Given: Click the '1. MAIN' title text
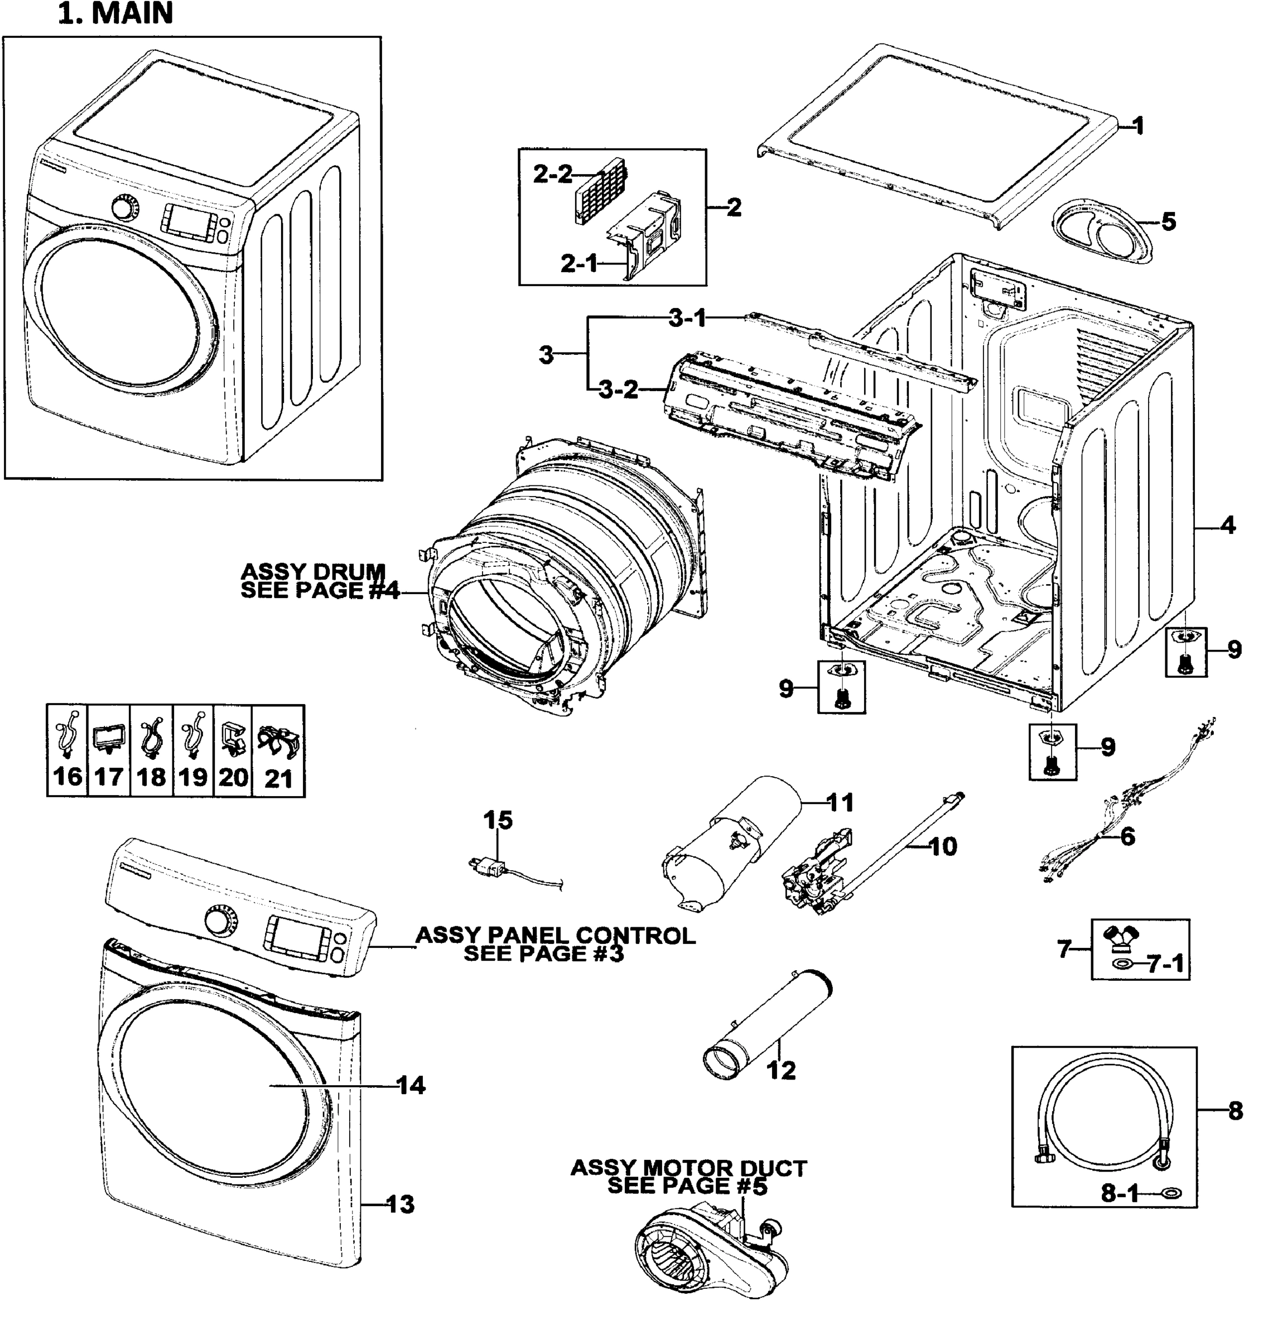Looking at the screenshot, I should click(115, 13).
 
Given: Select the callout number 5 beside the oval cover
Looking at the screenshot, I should click(1169, 221).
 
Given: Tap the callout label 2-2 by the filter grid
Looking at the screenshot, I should click(552, 175).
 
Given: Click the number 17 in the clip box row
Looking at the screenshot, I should click(108, 777).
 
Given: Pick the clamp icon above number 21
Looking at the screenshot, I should click(278, 741).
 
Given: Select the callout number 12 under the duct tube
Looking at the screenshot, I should click(782, 1070).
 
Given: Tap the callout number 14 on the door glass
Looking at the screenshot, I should click(411, 1086).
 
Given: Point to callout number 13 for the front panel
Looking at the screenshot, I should click(400, 1204).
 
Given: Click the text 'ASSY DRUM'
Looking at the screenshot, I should click(313, 571).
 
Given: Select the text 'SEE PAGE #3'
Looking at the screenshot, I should click(543, 953).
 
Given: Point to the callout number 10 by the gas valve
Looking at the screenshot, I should click(943, 846).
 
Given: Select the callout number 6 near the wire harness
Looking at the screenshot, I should click(1127, 836).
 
